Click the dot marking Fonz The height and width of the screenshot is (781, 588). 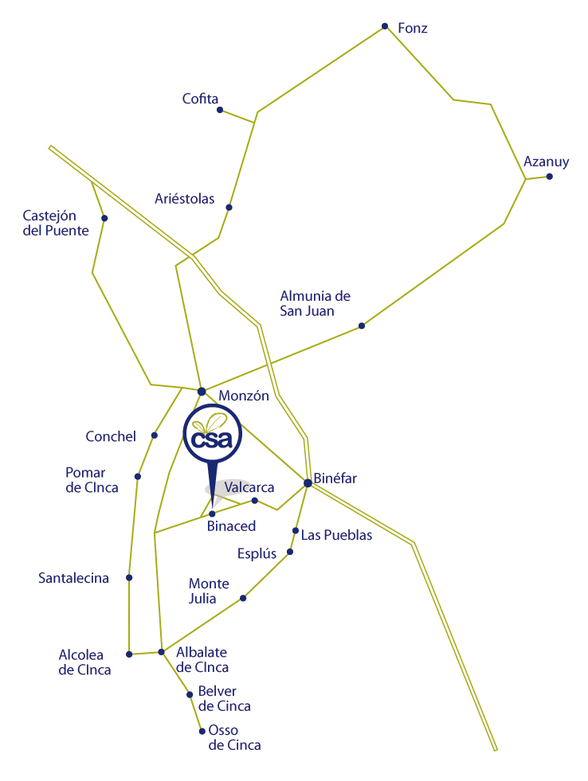(385, 26)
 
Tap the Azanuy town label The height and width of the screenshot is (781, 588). (546, 162)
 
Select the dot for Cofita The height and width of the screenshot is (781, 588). (220, 110)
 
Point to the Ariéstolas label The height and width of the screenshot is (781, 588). (184, 199)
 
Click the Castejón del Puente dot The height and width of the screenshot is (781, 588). (104, 218)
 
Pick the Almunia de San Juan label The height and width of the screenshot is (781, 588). (315, 303)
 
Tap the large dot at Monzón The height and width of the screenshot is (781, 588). (202, 392)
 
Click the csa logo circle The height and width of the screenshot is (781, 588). (213, 433)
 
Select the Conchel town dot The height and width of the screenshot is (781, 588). (155, 435)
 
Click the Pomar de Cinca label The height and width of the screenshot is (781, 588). (92, 480)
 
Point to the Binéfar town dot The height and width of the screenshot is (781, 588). (308, 482)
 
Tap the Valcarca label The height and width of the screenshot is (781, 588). (249, 487)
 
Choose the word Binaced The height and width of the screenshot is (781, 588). (231, 526)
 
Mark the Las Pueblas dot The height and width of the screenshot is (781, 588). (296, 530)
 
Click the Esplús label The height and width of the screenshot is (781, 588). (257, 554)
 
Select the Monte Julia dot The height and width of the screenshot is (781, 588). (243, 598)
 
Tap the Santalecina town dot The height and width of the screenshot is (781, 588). (129, 578)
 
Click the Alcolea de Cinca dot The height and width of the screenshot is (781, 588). (129, 654)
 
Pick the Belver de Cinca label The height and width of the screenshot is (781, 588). (224, 698)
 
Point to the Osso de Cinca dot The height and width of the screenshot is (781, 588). (202, 731)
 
